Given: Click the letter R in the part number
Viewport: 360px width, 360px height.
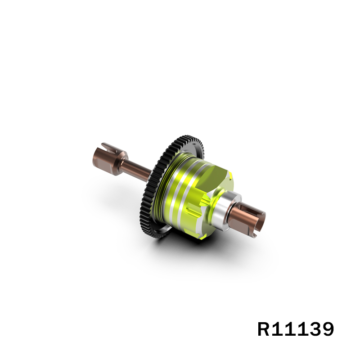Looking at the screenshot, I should pos(265,329).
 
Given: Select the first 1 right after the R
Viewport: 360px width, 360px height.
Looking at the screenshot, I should pos(280,329).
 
